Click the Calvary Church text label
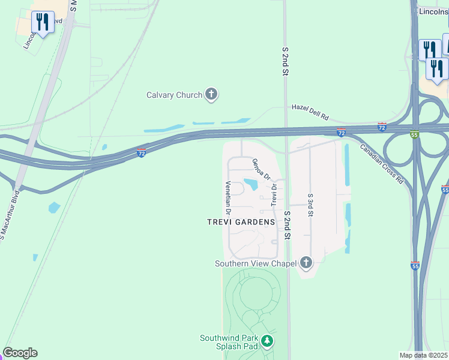174,95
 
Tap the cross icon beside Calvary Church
211,94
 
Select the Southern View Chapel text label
256,263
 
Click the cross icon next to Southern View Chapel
306,262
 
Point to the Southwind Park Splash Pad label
229,342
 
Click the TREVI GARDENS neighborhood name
241,222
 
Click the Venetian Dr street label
228,198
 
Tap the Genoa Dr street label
262,169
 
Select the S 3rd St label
310,205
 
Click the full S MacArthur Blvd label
11,214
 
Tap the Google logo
20,353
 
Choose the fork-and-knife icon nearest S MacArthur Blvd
43,23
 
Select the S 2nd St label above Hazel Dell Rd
286,61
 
